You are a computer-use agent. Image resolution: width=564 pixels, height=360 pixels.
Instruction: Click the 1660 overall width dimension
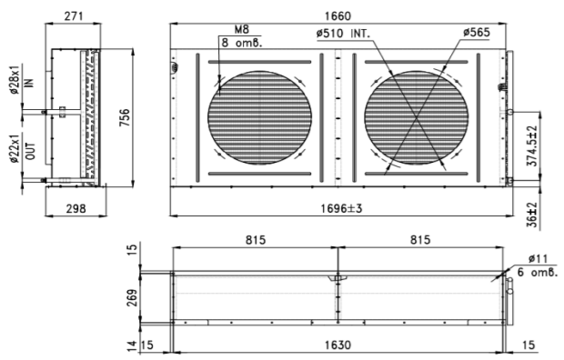[337, 16]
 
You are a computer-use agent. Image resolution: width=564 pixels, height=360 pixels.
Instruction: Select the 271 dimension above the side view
[74, 16]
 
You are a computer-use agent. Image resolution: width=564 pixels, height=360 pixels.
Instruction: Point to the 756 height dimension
[124, 117]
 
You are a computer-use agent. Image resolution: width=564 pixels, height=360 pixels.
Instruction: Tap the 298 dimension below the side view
[76, 208]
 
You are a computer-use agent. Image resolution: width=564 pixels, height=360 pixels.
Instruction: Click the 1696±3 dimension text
[341, 208]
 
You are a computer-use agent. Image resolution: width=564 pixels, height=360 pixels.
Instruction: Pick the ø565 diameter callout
[477, 33]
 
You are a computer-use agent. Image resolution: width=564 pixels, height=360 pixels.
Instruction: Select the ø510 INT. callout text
[343, 34]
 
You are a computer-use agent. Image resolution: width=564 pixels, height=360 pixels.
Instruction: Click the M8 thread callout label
[241, 29]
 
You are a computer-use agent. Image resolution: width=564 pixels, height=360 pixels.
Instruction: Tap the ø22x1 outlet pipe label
[15, 149]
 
